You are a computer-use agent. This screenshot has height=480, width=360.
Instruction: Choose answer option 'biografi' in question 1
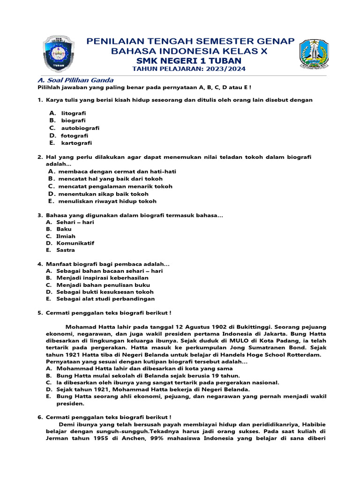(73, 120)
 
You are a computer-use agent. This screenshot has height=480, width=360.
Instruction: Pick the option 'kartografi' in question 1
(76, 143)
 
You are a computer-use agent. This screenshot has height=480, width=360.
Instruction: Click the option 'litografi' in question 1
(74, 113)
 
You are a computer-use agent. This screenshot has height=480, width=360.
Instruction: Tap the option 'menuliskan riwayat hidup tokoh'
(107, 201)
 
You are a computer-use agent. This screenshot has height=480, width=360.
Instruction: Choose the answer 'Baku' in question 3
(64, 229)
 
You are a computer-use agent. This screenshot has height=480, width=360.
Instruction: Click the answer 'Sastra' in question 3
(66, 250)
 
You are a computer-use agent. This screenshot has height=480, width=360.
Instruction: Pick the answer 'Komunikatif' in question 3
(75, 243)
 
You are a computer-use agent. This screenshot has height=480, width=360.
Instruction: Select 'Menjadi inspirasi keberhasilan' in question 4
(99, 278)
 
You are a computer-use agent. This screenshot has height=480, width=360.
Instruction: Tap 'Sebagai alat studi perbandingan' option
(105, 299)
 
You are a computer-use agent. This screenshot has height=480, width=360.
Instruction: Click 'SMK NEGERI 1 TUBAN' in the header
(189, 60)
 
